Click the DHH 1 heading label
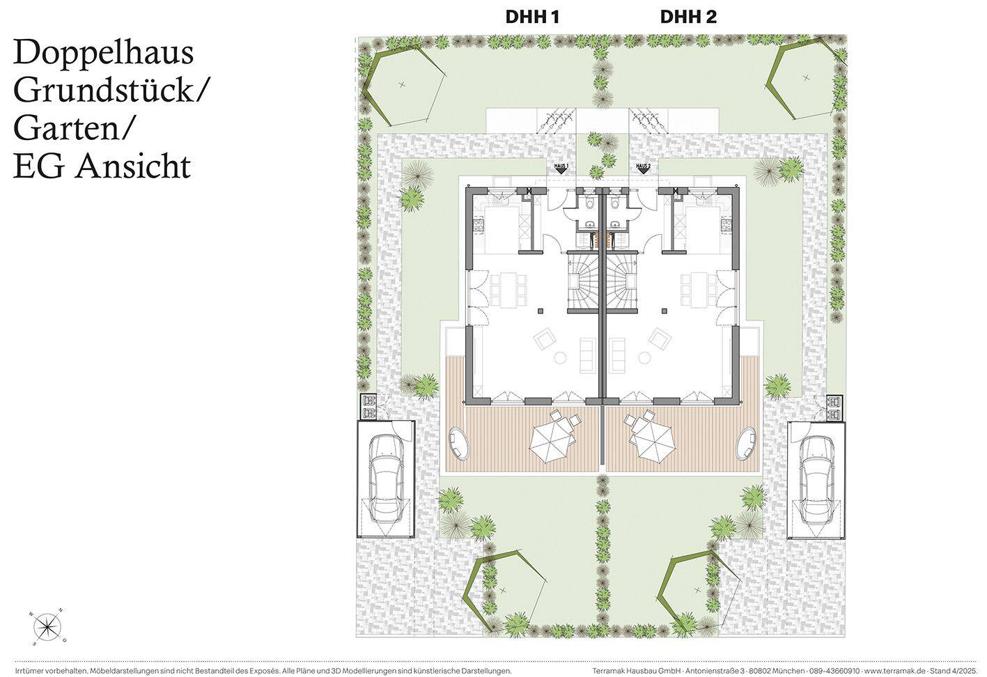click(x=532, y=17)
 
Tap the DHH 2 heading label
click(x=688, y=17)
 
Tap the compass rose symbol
click(x=47, y=626)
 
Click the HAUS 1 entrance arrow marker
click(x=561, y=168)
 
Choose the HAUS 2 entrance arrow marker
click(x=643, y=168)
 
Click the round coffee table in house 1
click(x=559, y=358)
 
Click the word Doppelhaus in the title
click(x=104, y=54)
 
